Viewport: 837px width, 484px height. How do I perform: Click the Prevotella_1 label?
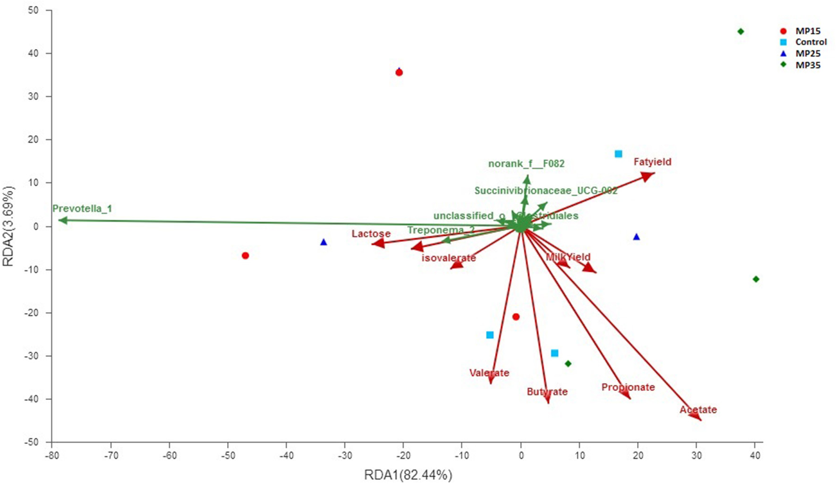point(82,209)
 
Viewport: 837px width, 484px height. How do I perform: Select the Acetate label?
point(698,410)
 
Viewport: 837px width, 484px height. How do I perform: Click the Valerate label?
point(489,373)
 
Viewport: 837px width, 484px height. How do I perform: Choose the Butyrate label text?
point(547,392)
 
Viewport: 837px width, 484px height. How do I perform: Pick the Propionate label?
point(628,387)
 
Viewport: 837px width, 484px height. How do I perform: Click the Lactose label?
point(371,234)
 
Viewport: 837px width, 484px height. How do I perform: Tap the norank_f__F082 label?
point(526,164)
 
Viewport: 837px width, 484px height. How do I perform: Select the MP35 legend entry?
point(808,65)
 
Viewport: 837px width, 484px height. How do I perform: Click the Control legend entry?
point(811,42)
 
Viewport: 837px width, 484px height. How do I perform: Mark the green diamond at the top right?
point(741,32)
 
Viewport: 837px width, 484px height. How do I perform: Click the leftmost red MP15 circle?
point(245,255)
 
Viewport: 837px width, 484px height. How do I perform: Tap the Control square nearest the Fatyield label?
point(618,154)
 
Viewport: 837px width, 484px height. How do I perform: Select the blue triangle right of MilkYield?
point(636,237)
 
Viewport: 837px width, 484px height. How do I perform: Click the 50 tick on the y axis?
point(33,10)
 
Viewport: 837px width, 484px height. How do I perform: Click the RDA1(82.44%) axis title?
point(408,475)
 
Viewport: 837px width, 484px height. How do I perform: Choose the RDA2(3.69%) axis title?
point(9,226)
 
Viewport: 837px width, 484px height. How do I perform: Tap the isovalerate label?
point(448,258)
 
